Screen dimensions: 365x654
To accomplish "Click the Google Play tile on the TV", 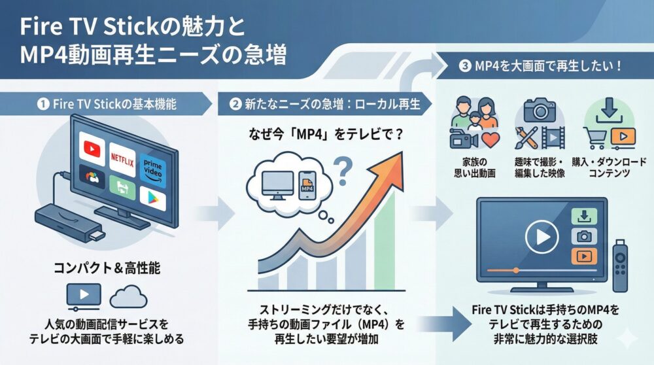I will click(x=152, y=198).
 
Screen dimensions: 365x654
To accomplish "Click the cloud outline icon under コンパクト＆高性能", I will click(x=128, y=297).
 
